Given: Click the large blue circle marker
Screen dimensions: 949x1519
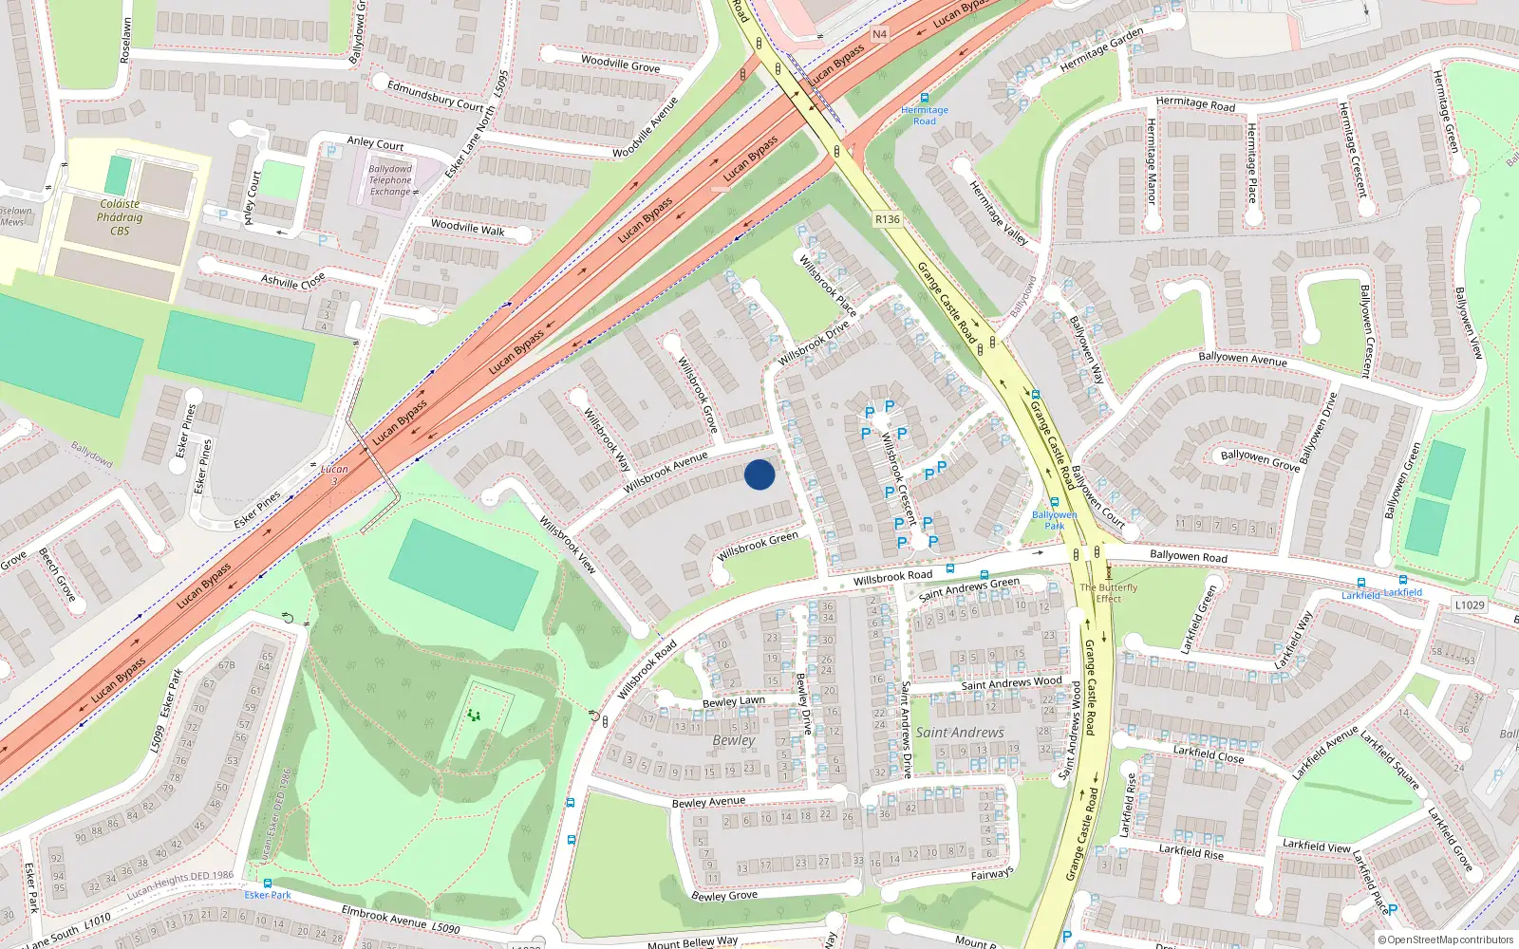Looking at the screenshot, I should coord(759,474).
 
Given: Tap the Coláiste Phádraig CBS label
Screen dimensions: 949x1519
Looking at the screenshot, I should coord(120,217).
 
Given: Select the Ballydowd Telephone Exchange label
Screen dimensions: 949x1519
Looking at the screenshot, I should coord(390,180).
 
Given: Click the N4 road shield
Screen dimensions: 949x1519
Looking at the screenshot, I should coord(879,34).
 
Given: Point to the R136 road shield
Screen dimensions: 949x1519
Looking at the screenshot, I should coord(887,219).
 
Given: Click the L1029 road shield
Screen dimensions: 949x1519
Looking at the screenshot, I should coord(1469,605).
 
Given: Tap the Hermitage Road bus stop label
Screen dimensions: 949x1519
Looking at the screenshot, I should coord(925,115).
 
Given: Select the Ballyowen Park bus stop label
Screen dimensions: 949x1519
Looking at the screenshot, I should coord(1054,520).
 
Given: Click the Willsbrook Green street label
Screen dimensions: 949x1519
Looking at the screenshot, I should coord(759,545).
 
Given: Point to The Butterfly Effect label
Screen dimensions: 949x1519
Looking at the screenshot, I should coord(1108,593).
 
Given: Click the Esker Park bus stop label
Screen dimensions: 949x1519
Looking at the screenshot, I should coord(268,895).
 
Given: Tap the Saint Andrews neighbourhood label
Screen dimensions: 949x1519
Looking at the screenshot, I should coord(959,733).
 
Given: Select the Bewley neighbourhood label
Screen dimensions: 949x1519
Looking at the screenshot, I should coord(734,740).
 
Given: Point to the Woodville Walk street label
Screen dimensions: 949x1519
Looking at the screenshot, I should coord(467,228).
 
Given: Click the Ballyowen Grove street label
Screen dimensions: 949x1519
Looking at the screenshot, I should coord(1260,460).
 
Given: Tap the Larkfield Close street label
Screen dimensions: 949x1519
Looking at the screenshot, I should coord(1208,754).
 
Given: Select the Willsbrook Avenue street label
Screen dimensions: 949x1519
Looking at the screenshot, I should coord(666,472).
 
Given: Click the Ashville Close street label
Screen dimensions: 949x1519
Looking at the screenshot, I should coord(293,281).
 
